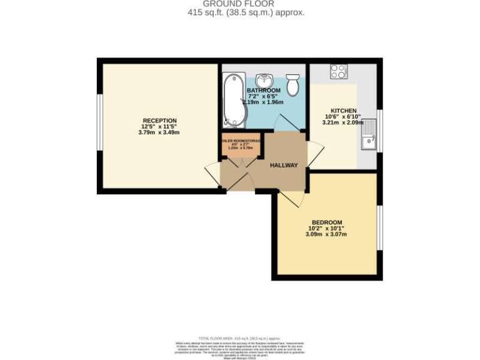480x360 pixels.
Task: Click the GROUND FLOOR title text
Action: coord(240,4)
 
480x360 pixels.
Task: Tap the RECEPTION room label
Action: coord(159,121)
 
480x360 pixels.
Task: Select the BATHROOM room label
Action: coord(264,91)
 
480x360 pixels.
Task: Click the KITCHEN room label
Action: coord(343,111)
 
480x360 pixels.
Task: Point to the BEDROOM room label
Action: coord(326,222)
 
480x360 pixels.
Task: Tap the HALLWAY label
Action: coord(284,166)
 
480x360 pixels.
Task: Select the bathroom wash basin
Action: coord(265,80)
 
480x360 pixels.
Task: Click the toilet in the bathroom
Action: coord(292,84)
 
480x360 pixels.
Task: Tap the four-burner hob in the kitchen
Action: coord(339,72)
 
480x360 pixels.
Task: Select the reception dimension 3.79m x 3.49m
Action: coord(159,132)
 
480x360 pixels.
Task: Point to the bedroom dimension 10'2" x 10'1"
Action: coord(326,229)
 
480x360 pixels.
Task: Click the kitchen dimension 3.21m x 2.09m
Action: coord(343,123)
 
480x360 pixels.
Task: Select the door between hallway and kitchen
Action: coord(315,154)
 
